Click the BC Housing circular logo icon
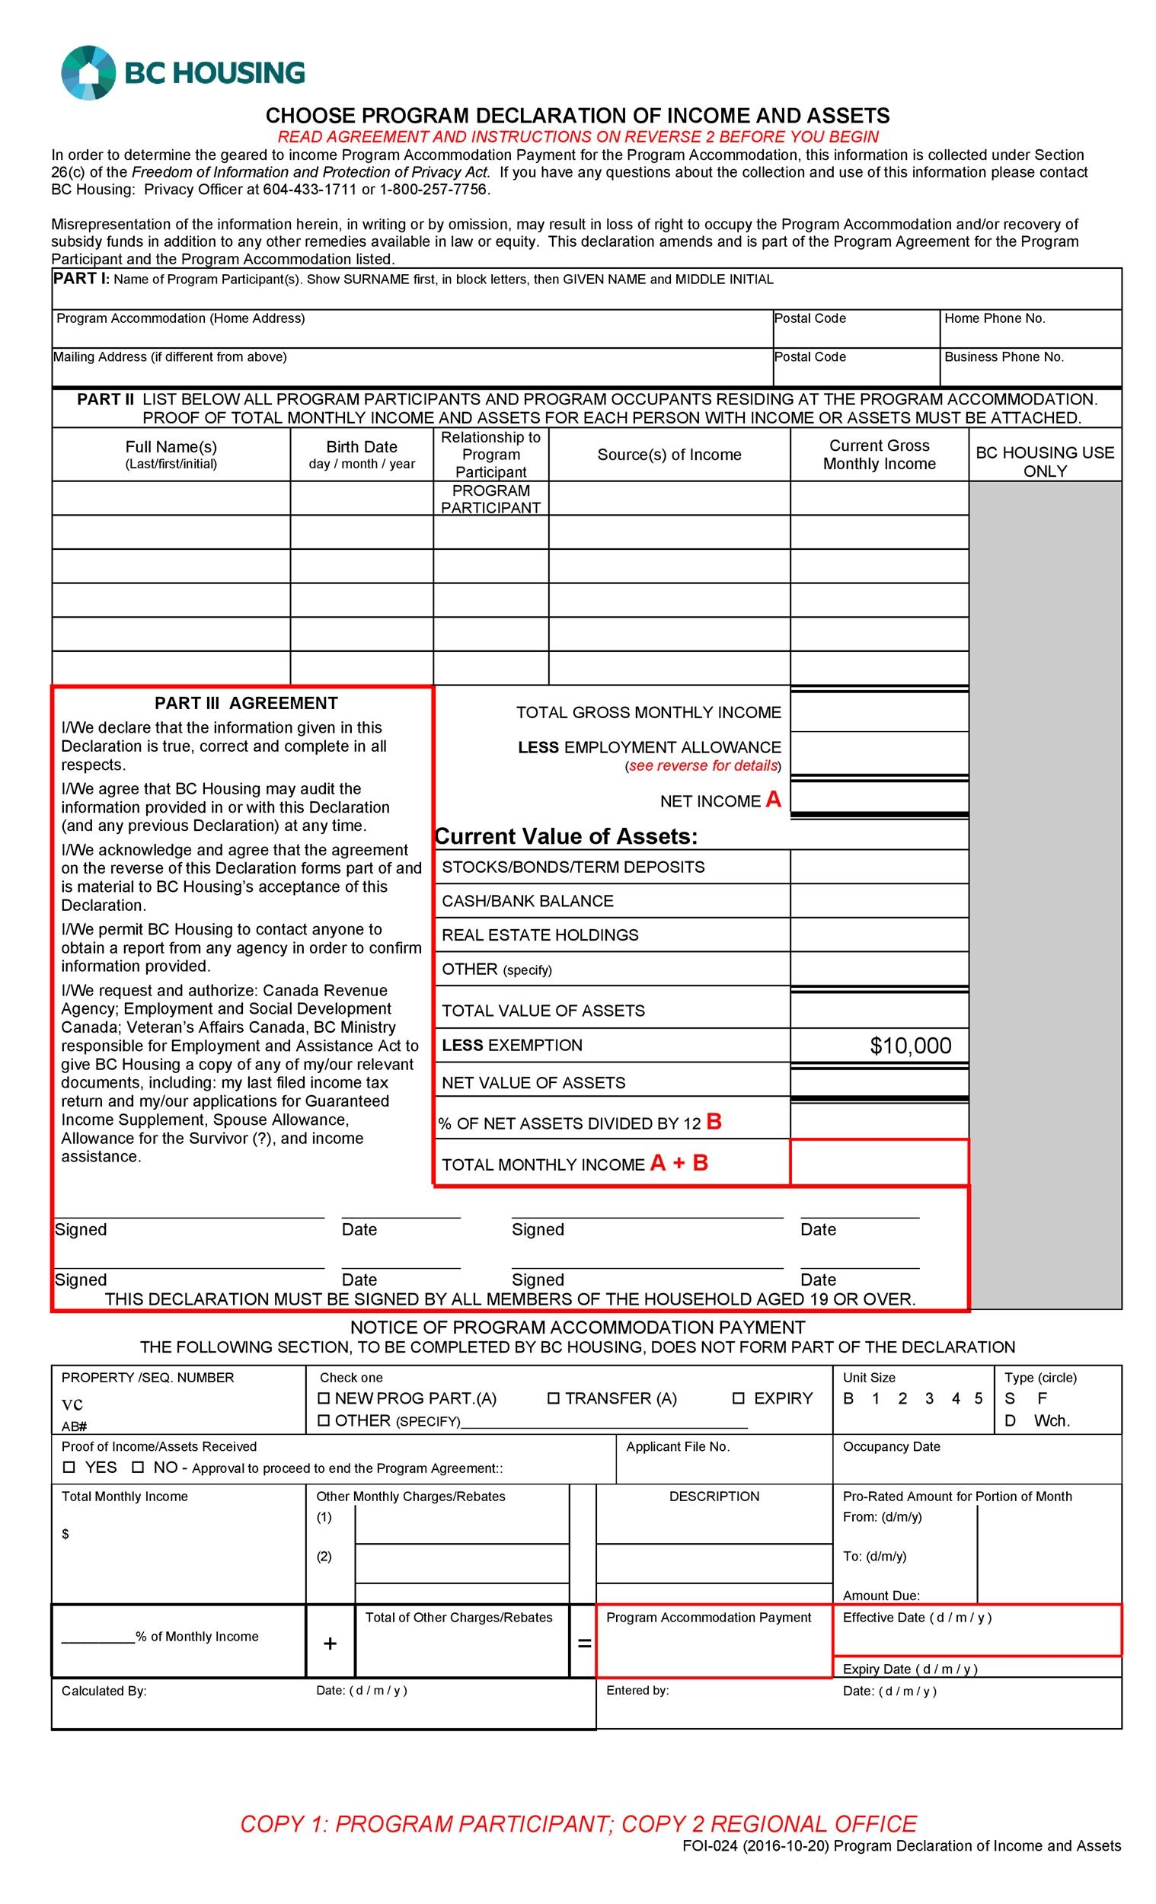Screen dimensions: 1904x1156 click(x=89, y=72)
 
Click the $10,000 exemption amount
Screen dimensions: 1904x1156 click(x=909, y=1046)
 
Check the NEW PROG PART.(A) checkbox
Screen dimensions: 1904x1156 click(x=324, y=1398)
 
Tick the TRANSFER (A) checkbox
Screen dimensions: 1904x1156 click(x=554, y=1398)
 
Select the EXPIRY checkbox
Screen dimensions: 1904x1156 click(x=738, y=1398)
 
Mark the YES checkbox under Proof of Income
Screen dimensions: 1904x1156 click(x=69, y=1467)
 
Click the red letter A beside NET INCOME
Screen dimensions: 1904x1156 click(x=773, y=800)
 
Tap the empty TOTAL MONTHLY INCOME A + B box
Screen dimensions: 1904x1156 click(x=879, y=1162)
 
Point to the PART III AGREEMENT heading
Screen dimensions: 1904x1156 click(x=246, y=702)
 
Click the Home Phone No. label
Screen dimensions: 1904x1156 click(x=994, y=318)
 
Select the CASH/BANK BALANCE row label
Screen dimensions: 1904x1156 click(x=527, y=900)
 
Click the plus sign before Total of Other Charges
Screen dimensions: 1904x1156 click(x=330, y=1644)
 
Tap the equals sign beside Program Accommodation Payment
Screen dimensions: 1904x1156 click(x=584, y=1644)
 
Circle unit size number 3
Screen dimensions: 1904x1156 click(x=929, y=1398)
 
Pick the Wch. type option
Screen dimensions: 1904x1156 click(x=1051, y=1420)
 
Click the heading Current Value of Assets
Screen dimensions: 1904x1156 click(x=566, y=836)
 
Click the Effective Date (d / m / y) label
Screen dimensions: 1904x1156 click(x=916, y=1618)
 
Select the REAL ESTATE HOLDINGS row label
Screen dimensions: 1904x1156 click(x=539, y=935)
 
